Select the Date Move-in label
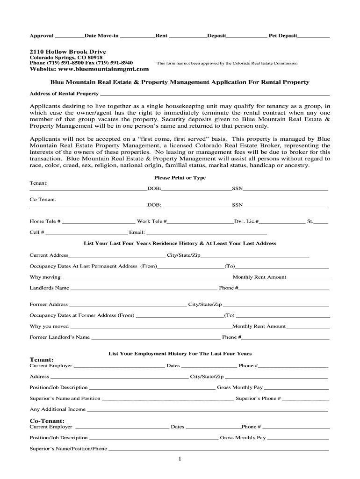[101, 36]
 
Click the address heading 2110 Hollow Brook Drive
[68, 51]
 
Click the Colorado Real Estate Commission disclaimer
[227, 63]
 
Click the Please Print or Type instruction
[180, 178]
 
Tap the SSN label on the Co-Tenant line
[237, 205]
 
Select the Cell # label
[37, 232]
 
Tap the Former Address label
[49, 305]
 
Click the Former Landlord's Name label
[60, 337]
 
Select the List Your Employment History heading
[180, 354]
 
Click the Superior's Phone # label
[258, 399]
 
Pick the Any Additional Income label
[58, 410]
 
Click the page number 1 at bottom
[180, 459]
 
